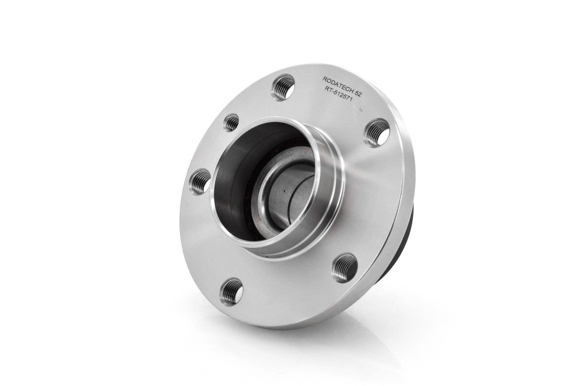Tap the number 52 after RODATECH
[x=358, y=96]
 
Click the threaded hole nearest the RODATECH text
[x=283, y=87]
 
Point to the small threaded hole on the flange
[x=231, y=122]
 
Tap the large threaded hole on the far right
[x=376, y=133]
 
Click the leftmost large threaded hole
[x=199, y=182]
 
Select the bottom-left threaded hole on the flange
[x=231, y=292]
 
